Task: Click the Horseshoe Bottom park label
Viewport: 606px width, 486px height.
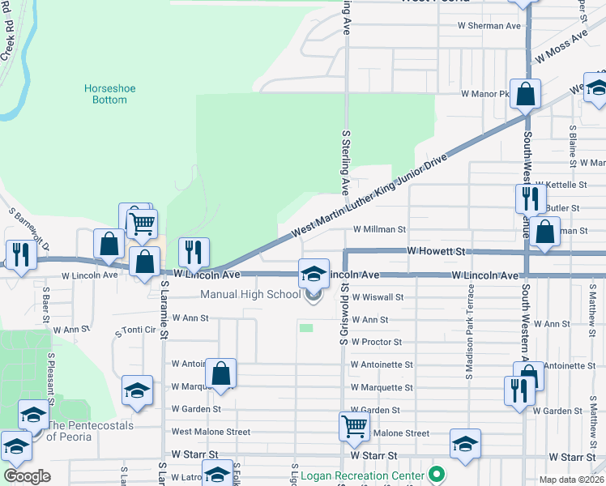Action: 106,94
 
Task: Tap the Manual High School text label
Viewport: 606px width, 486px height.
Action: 250,295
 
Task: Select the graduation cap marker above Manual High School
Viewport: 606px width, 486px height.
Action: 314,274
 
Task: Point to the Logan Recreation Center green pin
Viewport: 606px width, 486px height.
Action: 438,475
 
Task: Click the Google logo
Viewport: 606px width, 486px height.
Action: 27,476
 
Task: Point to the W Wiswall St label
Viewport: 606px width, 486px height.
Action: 377,298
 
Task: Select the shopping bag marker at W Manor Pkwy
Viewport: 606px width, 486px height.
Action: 525,94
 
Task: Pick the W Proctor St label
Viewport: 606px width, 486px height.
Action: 377,343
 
